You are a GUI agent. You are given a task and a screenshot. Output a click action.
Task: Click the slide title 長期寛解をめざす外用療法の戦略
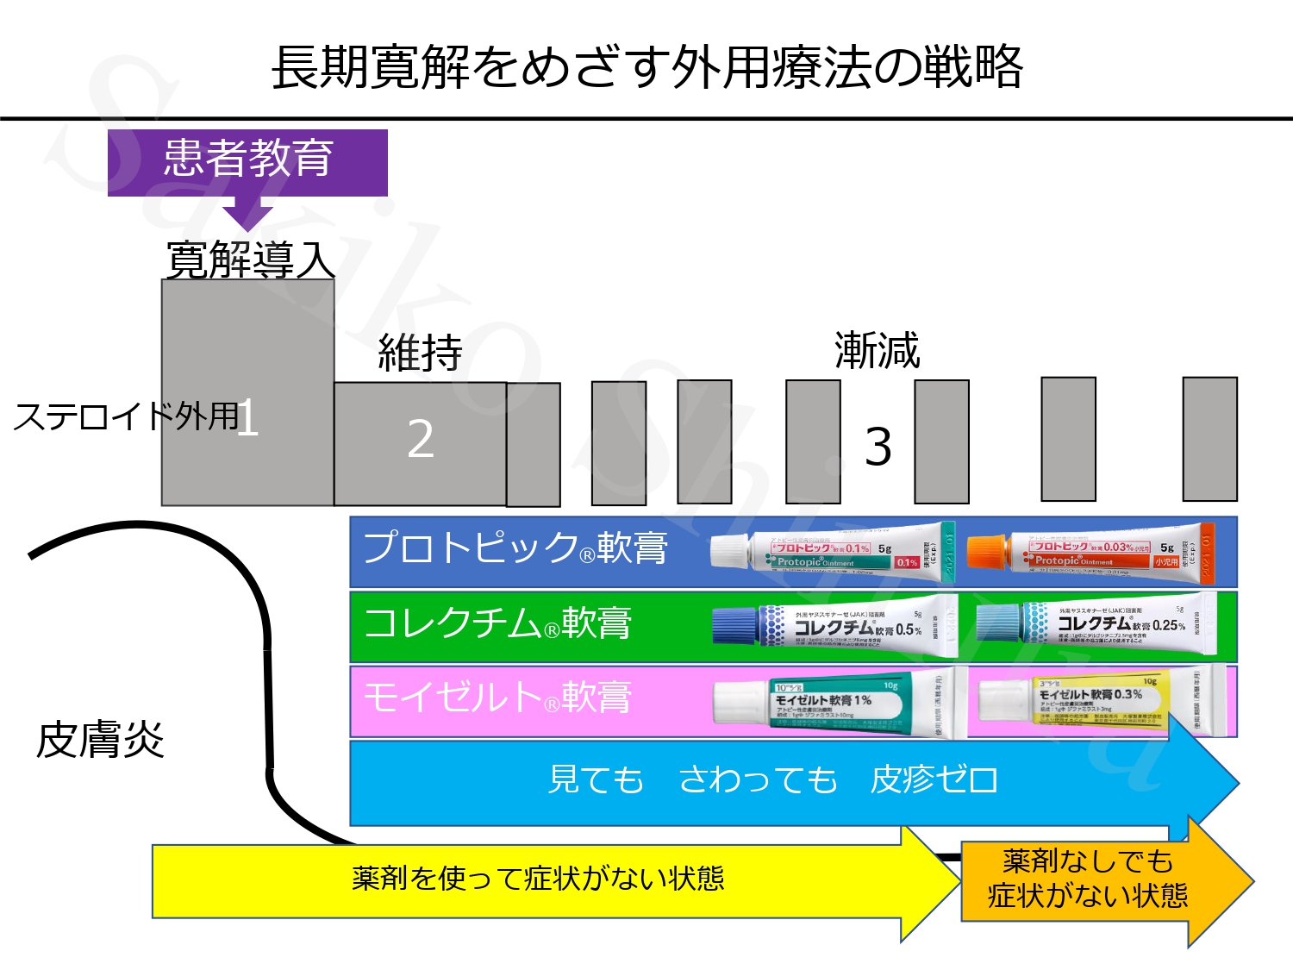(x=646, y=67)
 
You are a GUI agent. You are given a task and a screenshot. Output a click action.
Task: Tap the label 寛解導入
(x=249, y=260)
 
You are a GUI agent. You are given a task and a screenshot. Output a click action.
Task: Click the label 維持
(x=420, y=353)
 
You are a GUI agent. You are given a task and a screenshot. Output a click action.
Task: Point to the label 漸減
(x=877, y=351)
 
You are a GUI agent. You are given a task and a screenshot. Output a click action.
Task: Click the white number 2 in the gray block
(x=420, y=440)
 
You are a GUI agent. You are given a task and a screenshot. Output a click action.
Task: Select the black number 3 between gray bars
(x=878, y=447)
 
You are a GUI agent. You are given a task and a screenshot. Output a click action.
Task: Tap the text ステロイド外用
(x=126, y=416)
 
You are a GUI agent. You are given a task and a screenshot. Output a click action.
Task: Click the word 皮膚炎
(x=100, y=741)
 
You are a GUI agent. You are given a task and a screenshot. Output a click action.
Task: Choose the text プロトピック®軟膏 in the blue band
(x=515, y=548)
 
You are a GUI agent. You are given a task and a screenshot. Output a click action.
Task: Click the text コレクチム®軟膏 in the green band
(x=497, y=623)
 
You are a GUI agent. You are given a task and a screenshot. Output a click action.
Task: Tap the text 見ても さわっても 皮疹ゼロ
(x=773, y=780)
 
